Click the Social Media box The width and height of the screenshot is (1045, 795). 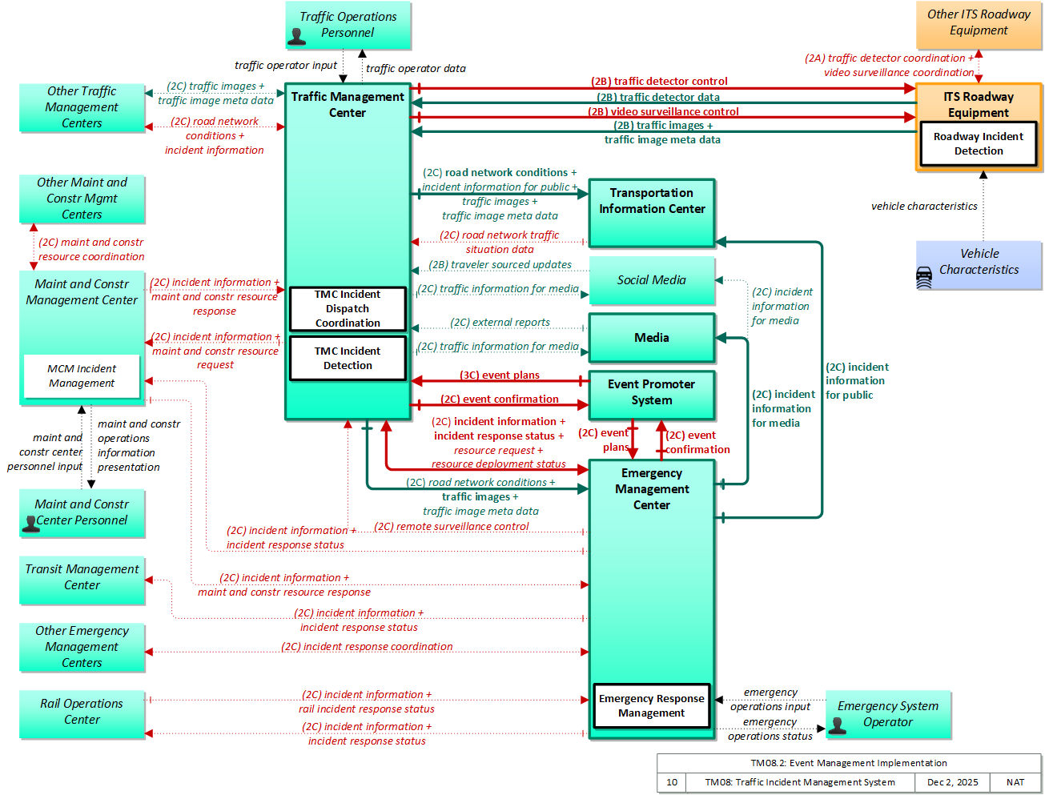pyautogui.click(x=651, y=279)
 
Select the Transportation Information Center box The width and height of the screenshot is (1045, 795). pyautogui.click(x=651, y=213)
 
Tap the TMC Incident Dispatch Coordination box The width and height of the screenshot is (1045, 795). pyautogui.click(x=348, y=308)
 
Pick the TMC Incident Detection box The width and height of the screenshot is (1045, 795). pyautogui.click(x=348, y=358)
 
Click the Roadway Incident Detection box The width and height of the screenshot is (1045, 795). pyautogui.click(x=978, y=143)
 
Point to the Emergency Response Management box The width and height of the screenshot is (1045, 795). pyautogui.click(x=651, y=705)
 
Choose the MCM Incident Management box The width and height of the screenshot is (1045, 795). pyautogui.click(x=82, y=375)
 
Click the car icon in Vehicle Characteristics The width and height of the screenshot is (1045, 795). pyautogui.click(x=923, y=278)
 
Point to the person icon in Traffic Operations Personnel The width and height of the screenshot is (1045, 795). pyautogui.click(x=296, y=37)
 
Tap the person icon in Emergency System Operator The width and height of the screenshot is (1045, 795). pyautogui.click(x=837, y=725)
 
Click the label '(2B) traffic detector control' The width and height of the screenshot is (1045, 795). pyautogui.click(x=659, y=82)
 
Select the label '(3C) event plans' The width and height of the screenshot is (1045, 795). pyautogui.click(x=499, y=375)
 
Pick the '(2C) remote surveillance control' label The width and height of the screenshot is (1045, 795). pyautogui.click(x=451, y=526)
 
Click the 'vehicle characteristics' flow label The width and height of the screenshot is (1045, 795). pyautogui.click(x=923, y=206)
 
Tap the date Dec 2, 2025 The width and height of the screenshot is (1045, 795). pyautogui.click(x=951, y=782)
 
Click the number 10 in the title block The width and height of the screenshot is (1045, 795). pyautogui.click(x=671, y=782)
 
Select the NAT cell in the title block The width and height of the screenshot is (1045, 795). pyautogui.click(x=1015, y=782)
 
